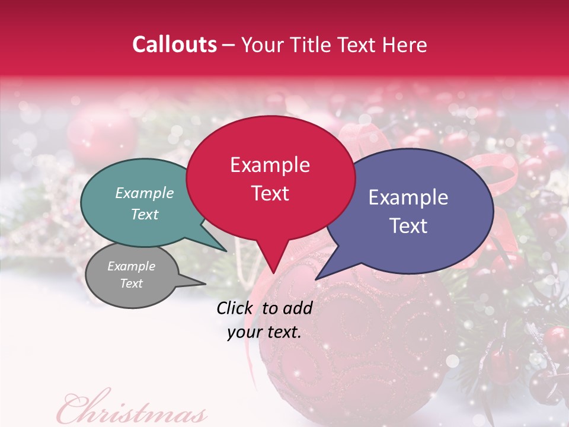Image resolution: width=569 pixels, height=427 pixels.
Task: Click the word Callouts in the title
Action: pyautogui.click(x=174, y=44)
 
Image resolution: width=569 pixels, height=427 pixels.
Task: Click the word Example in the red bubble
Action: pyautogui.click(x=270, y=165)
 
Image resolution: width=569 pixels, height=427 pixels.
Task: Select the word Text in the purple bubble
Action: pyautogui.click(x=409, y=226)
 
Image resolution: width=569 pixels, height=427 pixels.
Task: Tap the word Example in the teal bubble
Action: pyautogui.click(x=145, y=193)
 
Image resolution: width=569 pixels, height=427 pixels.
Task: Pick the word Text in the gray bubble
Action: pyautogui.click(x=132, y=283)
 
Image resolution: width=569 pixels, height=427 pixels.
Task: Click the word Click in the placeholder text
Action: pyautogui.click(x=236, y=308)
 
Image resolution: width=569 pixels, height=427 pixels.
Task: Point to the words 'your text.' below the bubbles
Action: pyautogui.click(x=264, y=332)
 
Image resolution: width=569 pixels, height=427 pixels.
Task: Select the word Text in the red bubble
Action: pyautogui.click(x=270, y=193)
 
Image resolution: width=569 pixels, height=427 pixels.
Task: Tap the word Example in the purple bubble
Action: pyautogui.click(x=408, y=197)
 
